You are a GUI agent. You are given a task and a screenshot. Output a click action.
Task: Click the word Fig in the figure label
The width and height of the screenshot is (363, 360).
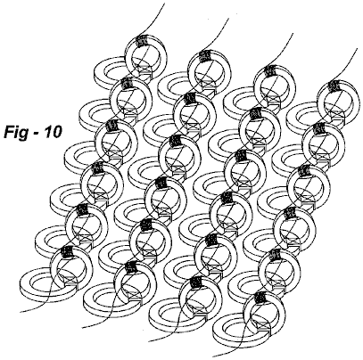point(16,132)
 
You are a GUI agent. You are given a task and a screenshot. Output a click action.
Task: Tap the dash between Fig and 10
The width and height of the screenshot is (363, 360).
point(36,134)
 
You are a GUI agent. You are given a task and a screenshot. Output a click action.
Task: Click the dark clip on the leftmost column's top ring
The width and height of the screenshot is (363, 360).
point(141,40)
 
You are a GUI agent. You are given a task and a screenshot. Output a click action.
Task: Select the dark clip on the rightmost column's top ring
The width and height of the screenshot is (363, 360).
point(334,86)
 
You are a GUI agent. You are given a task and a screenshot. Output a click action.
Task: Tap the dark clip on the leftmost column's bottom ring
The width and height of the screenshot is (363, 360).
point(67,251)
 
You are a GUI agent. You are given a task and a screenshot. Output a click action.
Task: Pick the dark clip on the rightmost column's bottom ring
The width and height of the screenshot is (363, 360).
point(260,297)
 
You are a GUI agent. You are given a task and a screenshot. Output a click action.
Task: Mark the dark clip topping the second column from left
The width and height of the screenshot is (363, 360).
point(205,55)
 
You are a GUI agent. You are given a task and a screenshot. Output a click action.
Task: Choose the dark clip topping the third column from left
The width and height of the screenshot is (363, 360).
point(269,70)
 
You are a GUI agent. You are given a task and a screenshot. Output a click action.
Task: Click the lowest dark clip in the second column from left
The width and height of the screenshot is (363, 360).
point(131,266)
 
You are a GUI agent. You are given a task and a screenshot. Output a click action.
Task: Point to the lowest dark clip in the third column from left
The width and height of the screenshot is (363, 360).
point(196,282)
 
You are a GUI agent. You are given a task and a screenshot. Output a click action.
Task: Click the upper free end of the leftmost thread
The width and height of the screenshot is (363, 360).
point(164,4)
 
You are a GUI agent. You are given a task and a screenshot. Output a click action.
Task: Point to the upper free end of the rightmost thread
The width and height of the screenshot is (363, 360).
point(357,49)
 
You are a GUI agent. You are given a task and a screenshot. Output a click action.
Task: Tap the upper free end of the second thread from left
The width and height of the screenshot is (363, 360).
point(228,19)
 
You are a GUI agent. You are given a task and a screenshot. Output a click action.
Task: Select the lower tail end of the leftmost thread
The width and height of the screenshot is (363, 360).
point(21,312)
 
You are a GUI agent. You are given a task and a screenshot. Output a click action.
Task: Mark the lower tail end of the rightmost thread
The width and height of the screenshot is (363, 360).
point(213,356)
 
